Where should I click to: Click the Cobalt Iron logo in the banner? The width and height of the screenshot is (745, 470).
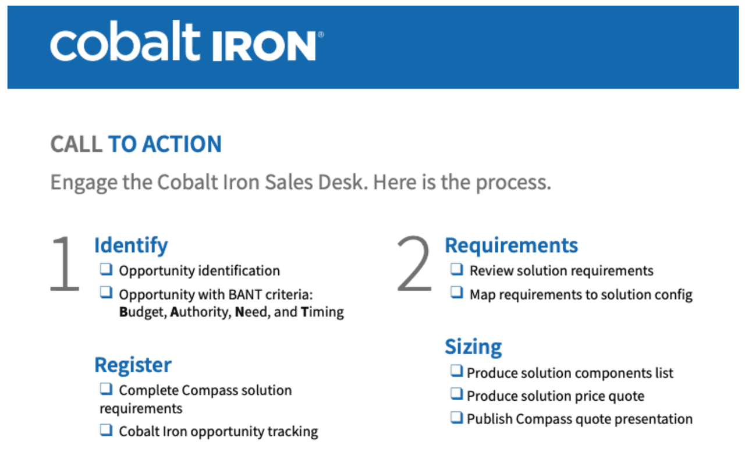coord(186,44)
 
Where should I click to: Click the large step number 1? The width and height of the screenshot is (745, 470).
coord(65,265)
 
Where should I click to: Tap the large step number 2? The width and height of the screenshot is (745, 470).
coord(414,265)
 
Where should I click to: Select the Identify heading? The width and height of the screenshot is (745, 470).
coord(131,245)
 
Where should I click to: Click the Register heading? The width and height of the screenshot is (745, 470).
coord(133,365)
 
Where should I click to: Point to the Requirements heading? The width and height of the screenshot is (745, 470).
coord(511,245)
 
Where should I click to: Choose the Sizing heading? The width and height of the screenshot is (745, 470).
coord(473,347)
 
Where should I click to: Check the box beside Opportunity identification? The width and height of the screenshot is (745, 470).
coord(106,270)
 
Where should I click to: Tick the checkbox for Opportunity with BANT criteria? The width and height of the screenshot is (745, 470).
coord(106,293)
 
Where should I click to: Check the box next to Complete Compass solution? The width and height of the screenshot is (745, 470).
coord(106,389)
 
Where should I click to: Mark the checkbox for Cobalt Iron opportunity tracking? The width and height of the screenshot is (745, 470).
coord(106,430)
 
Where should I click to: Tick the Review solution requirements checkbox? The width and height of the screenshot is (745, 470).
coord(457,270)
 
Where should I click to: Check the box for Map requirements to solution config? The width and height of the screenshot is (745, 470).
coord(457,293)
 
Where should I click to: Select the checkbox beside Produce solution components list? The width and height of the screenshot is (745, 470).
coord(457,372)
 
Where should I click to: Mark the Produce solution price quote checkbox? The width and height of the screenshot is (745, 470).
coord(457,395)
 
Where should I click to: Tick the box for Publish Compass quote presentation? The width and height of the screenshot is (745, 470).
coord(457,418)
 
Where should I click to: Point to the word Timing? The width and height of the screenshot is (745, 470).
coord(322,312)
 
